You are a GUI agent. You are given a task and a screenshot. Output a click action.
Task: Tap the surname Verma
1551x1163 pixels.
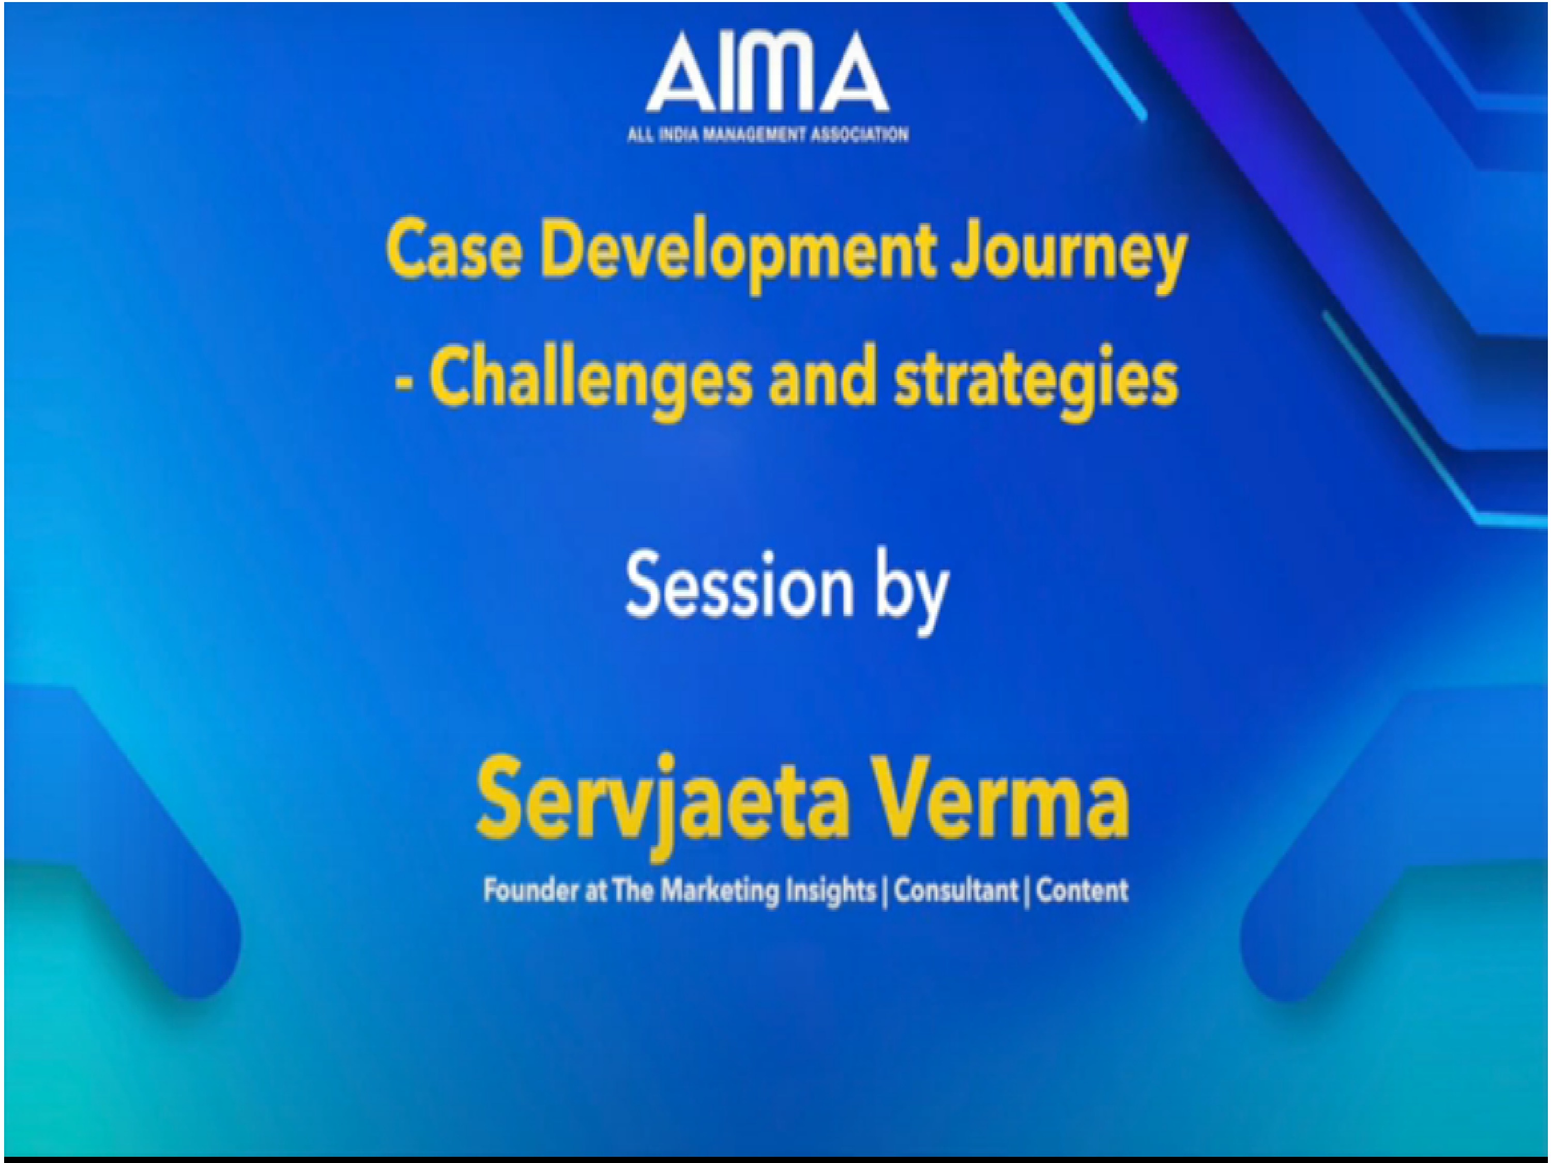click(x=1004, y=800)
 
